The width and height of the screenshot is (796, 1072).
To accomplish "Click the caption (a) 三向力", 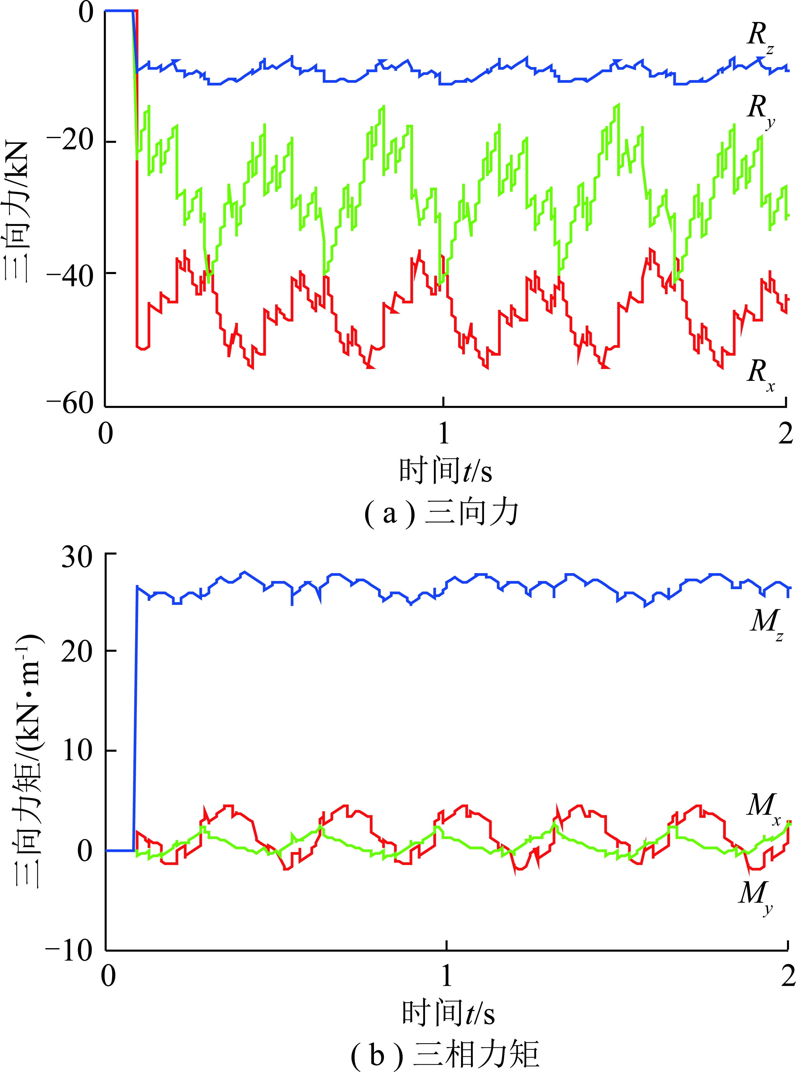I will pyautogui.click(x=441, y=514).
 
